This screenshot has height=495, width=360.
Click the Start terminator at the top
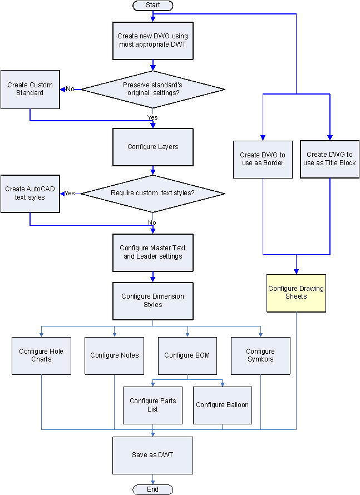pos(152,5)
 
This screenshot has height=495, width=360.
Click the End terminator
pos(152,489)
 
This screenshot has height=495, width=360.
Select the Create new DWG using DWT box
pos(153,40)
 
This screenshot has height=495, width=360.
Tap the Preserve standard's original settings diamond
pos(153,89)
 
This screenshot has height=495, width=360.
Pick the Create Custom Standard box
pos(30,89)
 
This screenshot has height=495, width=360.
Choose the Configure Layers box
pos(153,147)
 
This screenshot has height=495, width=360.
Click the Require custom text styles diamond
pos(153,194)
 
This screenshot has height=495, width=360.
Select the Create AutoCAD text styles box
pos(30,194)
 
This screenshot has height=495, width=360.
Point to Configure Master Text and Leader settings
pos(153,253)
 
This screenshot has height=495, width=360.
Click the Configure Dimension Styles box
pos(153,301)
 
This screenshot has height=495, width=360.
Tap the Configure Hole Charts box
pos(42,355)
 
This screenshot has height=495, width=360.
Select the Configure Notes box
pos(115,355)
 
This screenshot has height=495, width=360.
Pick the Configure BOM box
pos(188,355)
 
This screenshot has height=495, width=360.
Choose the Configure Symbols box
pos(260,355)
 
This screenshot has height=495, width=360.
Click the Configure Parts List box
pos(152,405)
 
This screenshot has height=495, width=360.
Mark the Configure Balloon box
pos(223,405)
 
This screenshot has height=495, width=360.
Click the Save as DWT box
pos(153,455)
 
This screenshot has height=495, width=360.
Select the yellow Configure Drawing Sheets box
pos(296,293)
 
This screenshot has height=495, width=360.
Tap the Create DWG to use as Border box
pos(263,159)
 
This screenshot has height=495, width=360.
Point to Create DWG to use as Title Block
pos(330,159)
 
